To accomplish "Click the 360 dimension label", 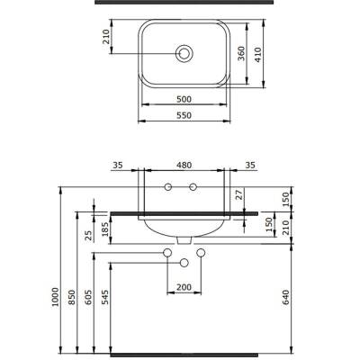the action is (242, 53).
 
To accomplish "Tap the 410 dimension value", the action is (258, 55).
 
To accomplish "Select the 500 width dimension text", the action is (184, 99).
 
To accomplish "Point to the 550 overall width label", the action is (184, 115).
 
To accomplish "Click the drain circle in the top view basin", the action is (184, 54).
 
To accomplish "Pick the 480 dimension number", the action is (184, 165).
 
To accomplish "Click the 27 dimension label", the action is (238, 194).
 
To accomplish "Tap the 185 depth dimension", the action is (105, 229).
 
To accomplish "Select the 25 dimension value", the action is (89, 236).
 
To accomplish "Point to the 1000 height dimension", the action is (55, 297).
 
